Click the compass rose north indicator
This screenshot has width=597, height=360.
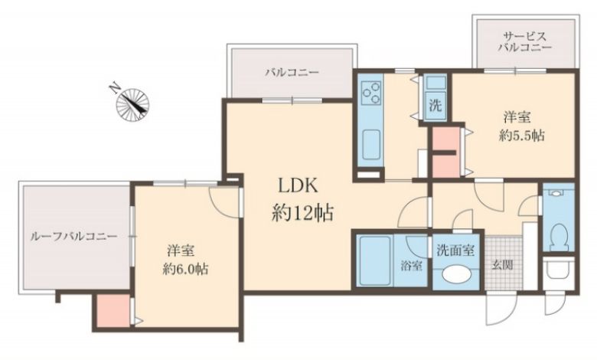coord(132,101)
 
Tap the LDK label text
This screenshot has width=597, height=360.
coord(298,186)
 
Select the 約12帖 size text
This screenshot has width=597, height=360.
coord(303,213)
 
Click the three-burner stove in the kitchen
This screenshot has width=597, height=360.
coord(372,93)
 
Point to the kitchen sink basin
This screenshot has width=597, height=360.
coord(371,145)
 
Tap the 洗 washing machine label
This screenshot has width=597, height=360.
coord(436,106)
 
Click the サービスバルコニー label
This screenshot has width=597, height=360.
coord(525,42)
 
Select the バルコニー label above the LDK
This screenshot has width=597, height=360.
coord(292,72)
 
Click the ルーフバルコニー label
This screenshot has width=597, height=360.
coord(73,236)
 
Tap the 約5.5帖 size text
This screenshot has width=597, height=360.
coord(521,136)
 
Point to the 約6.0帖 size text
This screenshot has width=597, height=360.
coord(185,270)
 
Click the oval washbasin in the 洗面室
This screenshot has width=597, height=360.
coord(455,274)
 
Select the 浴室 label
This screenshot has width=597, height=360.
coord(411,266)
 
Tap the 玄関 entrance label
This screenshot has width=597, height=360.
coord(502,265)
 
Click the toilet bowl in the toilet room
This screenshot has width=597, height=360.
coord(558,236)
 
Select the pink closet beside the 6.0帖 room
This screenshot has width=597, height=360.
coord(113,311)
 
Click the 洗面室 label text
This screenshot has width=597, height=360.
coord(455,250)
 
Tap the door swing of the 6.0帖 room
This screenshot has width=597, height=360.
coord(224,203)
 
